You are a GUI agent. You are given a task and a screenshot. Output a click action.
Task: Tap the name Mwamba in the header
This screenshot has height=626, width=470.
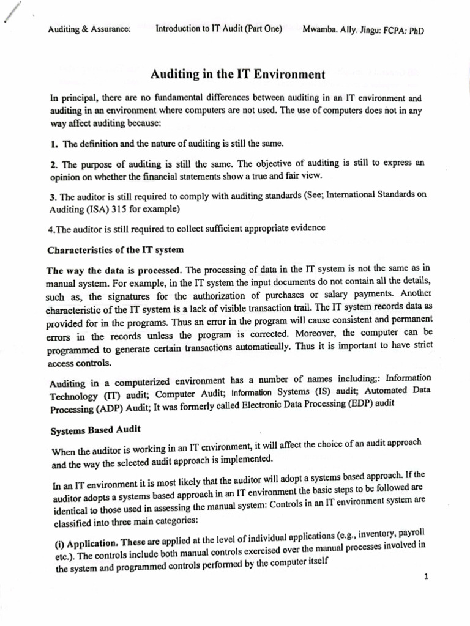pos(318,30)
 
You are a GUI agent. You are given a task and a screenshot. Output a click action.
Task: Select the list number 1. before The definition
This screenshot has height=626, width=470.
pos(54,144)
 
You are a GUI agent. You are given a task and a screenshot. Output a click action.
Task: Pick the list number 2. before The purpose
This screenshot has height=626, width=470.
pos(54,164)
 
